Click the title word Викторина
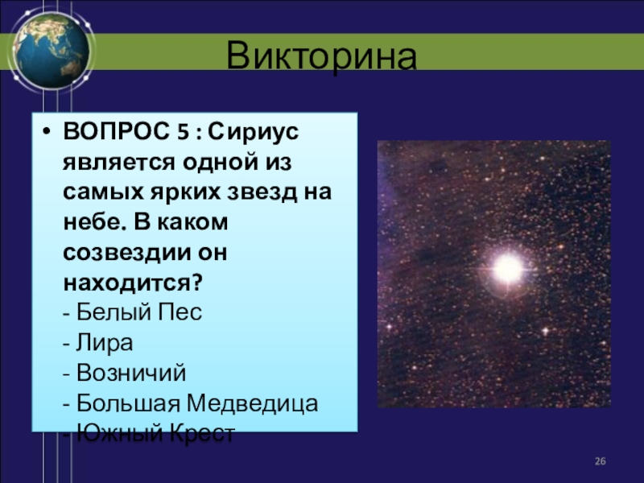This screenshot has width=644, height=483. tap(321, 55)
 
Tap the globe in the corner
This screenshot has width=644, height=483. tap(52, 51)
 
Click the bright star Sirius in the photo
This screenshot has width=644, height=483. tap(508, 269)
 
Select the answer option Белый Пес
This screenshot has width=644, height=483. tap(139, 312)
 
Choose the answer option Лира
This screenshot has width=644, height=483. tap(105, 343)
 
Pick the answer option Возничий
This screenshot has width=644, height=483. tap(131, 373)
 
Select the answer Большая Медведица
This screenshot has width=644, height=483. tap(197, 403)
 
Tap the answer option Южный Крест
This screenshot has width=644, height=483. tap(155, 433)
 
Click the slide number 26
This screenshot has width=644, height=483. tap(600, 461)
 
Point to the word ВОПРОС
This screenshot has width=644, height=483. tap(116, 131)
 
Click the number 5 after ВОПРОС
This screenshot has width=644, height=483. tap(183, 132)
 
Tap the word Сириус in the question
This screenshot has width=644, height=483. tap(253, 132)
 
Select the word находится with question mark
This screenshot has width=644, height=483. tap(133, 283)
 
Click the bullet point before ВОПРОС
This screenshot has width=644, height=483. tap(47, 132)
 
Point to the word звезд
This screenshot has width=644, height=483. tap(262, 192)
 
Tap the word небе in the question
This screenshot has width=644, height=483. tap(95, 222)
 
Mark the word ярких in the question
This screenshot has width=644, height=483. tap(185, 192)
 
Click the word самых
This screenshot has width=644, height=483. tap(104, 192)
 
